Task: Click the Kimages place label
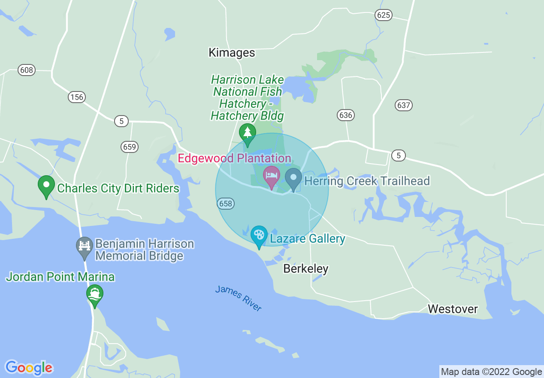tap(232, 53)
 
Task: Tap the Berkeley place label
tap(306, 269)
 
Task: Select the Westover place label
tap(453, 309)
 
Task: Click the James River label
tap(239, 298)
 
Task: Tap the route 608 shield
tap(27, 70)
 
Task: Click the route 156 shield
tap(76, 97)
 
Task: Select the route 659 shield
tap(129, 147)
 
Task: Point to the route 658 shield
tap(226, 204)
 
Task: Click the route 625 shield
tap(383, 15)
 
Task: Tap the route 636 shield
tap(345, 115)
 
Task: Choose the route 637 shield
tap(403, 105)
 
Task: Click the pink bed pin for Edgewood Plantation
tap(272, 176)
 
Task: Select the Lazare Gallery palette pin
tap(259, 235)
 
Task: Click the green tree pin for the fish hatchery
tap(248, 133)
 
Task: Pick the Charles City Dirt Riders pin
tap(46, 186)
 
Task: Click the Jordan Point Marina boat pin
tap(95, 294)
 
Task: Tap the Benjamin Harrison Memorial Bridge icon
tap(85, 247)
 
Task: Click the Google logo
tap(29, 368)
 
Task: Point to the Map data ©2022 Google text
tap(491, 372)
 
